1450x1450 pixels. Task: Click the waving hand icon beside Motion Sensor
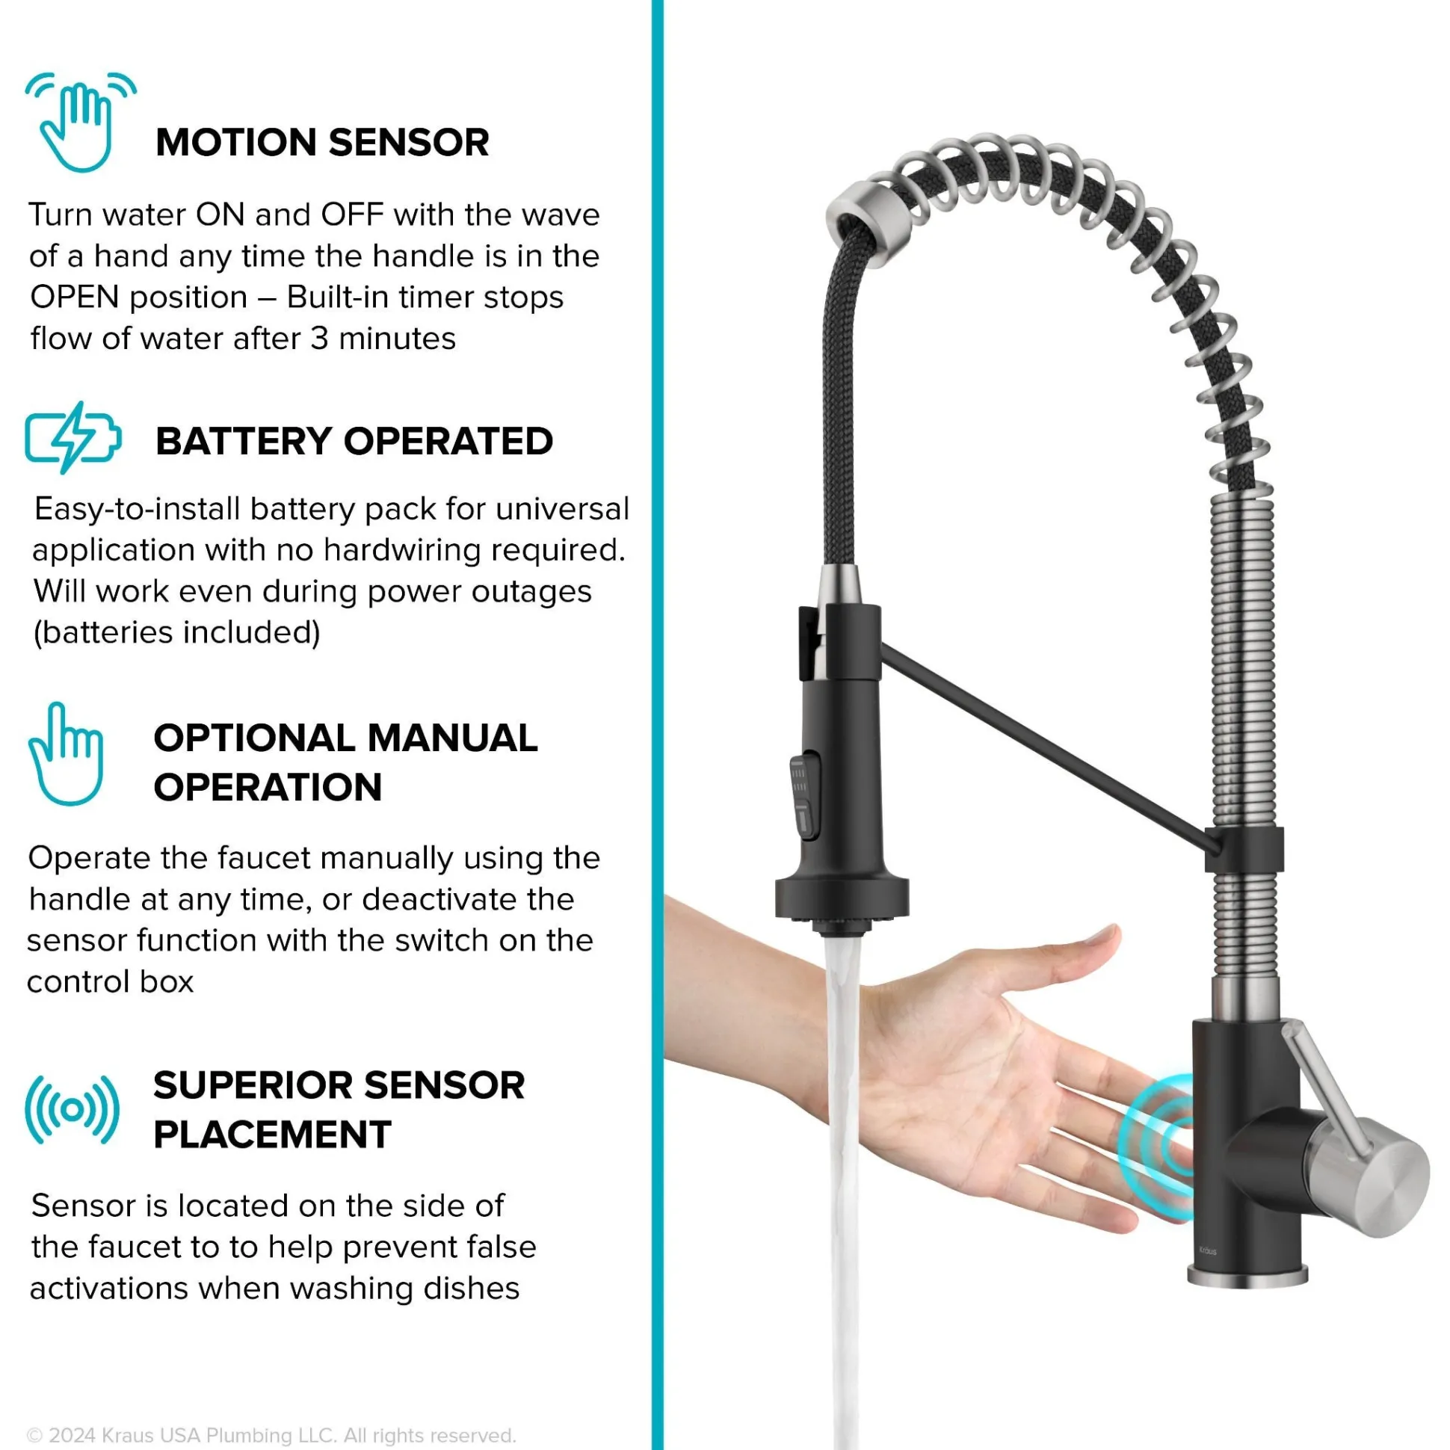click(x=79, y=122)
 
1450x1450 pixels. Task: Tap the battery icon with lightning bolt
click(x=72, y=437)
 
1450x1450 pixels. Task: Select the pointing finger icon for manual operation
click(x=65, y=753)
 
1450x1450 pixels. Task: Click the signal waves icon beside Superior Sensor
click(x=72, y=1109)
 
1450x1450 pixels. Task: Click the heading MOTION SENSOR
click(x=322, y=142)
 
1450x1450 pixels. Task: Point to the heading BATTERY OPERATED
click(x=354, y=440)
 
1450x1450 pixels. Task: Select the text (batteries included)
click(x=177, y=632)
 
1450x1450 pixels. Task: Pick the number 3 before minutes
click(x=320, y=339)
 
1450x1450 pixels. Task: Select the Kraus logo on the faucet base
click(x=1208, y=1250)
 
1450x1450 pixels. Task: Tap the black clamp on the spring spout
click(x=1244, y=850)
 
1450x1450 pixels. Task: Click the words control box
click(x=111, y=981)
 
